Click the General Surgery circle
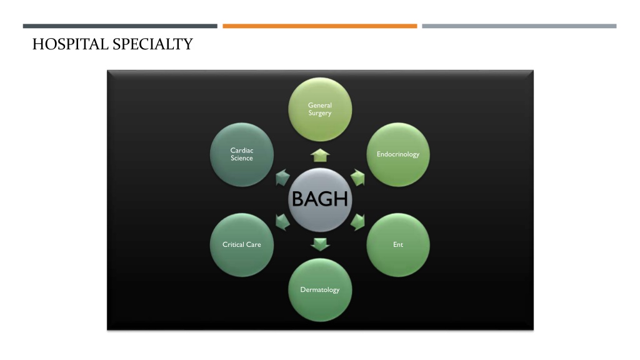coord(320,109)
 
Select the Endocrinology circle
coord(398,155)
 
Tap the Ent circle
coord(398,245)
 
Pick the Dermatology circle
coord(320,290)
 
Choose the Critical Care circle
coord(242,245)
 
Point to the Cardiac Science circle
coord(242,155)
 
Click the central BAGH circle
coord(320,199)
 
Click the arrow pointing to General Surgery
coord(320,156)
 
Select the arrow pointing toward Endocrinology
coord(358,177)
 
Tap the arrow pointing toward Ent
coord(358,222)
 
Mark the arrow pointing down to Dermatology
coord(320,244)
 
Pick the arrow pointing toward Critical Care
coord(282,222)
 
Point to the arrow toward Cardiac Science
coord(282,177)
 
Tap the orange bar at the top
coord(319,26)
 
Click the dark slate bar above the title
coord(120,26)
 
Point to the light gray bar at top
coord(519,26)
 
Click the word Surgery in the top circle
coord(320,114)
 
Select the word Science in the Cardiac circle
coord(242,158)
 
